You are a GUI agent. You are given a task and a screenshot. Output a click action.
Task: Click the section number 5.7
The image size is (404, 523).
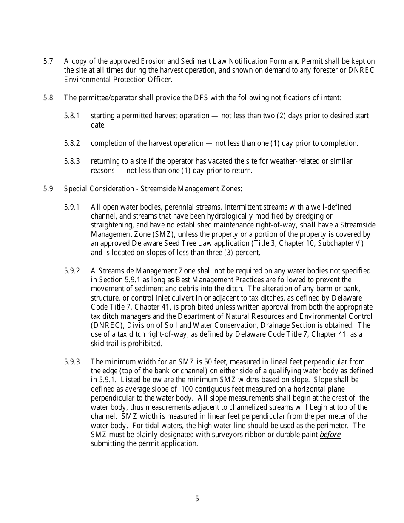[x=48, y=61]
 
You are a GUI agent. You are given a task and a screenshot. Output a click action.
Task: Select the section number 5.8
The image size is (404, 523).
[x=48, y=98]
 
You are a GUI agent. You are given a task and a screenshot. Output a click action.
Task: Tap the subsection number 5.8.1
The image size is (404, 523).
[x=72, y=116]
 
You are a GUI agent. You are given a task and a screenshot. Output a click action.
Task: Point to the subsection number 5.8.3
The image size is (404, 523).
[x=72, y=162]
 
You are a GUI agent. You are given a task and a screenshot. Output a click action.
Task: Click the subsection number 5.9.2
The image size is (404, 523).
[x=72, y=271]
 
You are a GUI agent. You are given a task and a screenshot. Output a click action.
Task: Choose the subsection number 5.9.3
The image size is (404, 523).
[x=72, y=362]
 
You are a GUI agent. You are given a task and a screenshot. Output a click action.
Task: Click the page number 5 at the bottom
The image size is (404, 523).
[x=197, y=499]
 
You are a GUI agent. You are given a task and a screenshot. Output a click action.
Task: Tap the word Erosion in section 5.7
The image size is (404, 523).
[x=142, y=61]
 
